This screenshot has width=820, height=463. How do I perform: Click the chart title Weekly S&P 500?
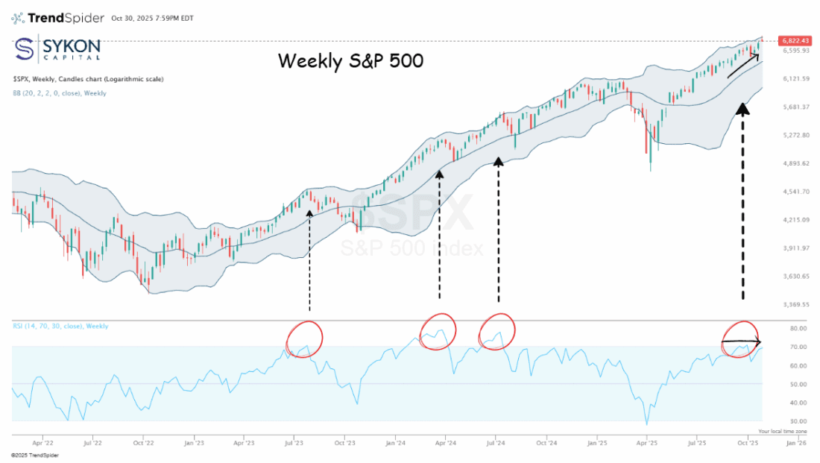351,60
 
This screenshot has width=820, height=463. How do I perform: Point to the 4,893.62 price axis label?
796,163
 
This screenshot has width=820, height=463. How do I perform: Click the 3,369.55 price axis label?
796,304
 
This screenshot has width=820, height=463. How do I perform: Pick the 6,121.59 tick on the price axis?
796,78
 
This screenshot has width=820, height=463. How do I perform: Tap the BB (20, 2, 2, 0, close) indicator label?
59,93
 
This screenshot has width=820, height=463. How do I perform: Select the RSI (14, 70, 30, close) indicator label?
60,326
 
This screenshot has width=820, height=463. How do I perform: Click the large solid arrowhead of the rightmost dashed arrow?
742,109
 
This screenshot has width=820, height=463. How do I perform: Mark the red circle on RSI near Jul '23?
303,338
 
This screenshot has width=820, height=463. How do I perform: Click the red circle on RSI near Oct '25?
742,337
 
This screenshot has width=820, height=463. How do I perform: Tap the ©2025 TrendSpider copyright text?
34,455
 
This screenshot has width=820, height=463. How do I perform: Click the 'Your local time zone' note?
782,431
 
